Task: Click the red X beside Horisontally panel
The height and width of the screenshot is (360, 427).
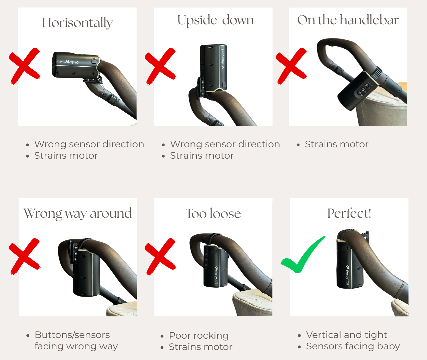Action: (25, 66)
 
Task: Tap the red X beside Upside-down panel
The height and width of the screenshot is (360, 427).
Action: (160, 66)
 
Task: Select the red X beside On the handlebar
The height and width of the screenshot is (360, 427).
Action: (291, 66)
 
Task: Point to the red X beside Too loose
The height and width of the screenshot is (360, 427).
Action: (160, 256)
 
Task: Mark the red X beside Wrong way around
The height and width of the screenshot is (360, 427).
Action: (25, 256)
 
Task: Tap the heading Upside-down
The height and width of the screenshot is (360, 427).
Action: (216, 20)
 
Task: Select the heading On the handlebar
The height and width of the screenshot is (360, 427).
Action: (348, 20)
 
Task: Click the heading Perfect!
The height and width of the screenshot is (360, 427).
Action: (349, 213)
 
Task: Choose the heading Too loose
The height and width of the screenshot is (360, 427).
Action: (213, 214)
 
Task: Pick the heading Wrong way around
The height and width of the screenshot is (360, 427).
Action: (78, 214)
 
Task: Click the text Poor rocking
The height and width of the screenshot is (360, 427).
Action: (199, 335)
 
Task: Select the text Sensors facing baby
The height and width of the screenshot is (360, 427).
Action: (353, 346)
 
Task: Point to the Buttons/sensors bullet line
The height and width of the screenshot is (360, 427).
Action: (72, 335)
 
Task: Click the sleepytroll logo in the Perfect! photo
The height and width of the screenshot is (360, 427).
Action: (347, 275)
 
